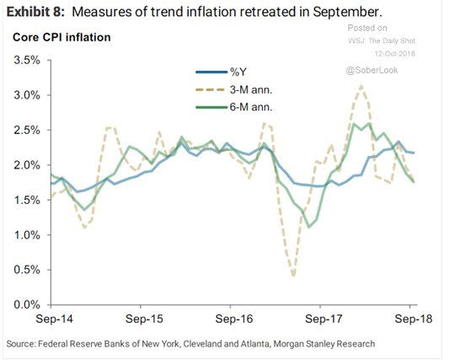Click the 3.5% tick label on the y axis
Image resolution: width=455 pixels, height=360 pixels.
pos(27,61)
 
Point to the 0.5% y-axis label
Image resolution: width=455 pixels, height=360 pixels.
pos(27,270)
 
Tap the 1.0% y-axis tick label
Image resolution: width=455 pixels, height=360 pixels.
pos(27,235)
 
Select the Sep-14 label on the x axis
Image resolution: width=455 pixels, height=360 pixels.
pos(55,319)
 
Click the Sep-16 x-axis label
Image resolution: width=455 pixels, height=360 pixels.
pos(234,319)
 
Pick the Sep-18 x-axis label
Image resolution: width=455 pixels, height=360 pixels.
pos(414,319)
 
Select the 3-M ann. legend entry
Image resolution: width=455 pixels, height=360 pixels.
pos(234,89)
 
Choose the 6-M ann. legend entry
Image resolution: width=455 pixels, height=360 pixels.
pos(234,107)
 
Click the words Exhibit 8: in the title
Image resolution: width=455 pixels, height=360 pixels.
pos(35,12)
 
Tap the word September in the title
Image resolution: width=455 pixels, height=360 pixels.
pos(347,12)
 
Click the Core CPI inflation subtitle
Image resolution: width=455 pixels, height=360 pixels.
pos(62,37)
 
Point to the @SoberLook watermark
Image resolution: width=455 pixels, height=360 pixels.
pos(372,70)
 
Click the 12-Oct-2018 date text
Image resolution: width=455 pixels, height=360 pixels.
pos(394,53)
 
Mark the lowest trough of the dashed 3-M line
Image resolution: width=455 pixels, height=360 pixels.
pos(293,275)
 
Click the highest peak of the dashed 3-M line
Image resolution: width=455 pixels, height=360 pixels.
pos(361,86)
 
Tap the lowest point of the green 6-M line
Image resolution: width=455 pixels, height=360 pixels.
pos(308,228)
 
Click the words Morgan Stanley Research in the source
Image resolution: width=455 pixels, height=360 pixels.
pos(324,344)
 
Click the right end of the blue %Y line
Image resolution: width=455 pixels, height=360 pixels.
pos(414,153)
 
